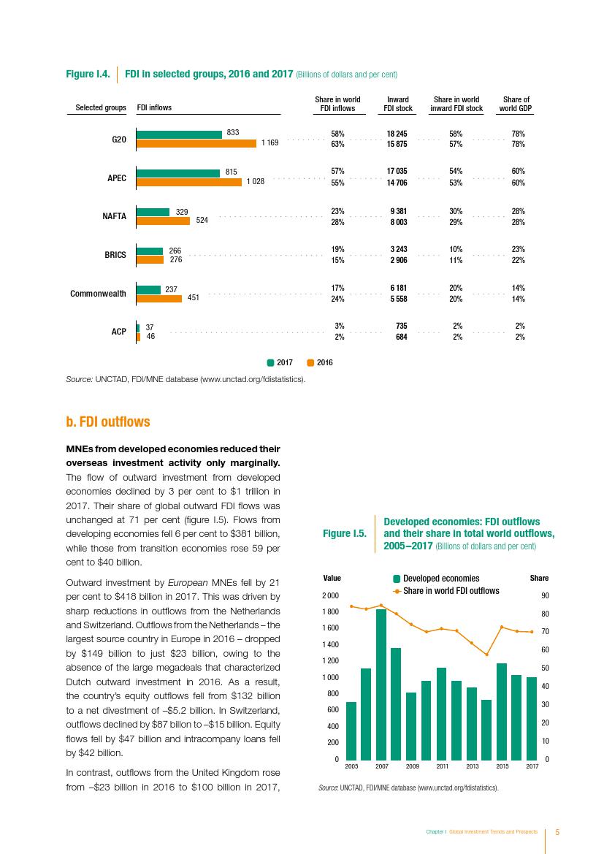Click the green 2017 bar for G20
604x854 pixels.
(179, 134)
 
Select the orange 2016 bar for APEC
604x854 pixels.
(189, 183)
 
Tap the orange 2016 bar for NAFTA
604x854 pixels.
(164, 221)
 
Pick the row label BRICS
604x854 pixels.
(115, 255)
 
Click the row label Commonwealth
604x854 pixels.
(98, 294)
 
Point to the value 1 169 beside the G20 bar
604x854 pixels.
(269, 143)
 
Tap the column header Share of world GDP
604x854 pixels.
(516, 104)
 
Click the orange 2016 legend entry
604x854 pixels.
(320, 362)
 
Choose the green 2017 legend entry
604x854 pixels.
(280, 362)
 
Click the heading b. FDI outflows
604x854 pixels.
(108, 422)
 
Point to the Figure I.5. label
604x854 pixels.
(344, 534)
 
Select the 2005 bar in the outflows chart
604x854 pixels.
(351, 730)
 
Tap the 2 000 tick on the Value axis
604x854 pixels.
(331, 596)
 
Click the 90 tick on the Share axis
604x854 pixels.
(543, 596)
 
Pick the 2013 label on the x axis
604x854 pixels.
(472, 766)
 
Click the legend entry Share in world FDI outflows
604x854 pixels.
(451, 591)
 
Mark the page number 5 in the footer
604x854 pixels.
(558, 832)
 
